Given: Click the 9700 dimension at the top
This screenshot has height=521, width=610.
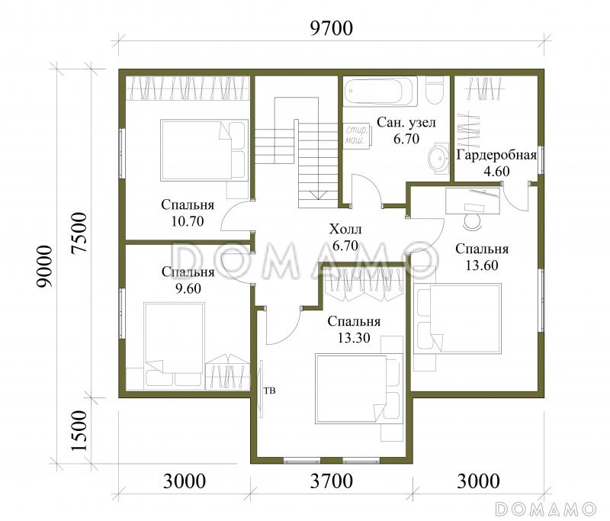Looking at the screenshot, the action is (332, 28).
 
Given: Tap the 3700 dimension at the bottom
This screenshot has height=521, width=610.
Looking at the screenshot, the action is (332, 481).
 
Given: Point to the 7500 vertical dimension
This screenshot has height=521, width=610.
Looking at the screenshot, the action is (79, 233).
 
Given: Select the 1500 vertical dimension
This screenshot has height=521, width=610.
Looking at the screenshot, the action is (79, 431).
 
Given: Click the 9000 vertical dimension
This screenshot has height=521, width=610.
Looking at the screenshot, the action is (43, 266).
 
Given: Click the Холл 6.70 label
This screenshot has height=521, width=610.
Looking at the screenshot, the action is (345, 237).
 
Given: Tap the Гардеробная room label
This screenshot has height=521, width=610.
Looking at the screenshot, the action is (497, 155).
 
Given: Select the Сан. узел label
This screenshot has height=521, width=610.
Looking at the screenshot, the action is (406, 122).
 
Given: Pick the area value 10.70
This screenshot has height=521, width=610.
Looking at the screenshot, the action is (188, 221).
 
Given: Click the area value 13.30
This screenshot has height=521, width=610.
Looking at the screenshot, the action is (354, 338).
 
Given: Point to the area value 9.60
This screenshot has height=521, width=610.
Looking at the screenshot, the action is (188, 288).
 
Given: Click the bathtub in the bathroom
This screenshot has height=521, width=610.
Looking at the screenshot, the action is (380, 92).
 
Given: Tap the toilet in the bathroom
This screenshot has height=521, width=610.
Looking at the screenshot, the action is (435, 89).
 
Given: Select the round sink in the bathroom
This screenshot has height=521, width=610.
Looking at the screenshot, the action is (439, 158).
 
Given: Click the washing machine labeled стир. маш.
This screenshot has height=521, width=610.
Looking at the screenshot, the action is (357, 134).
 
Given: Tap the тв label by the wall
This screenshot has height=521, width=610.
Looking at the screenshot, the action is (270, 390).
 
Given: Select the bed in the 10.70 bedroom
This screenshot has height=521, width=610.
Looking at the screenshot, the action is (204, 150).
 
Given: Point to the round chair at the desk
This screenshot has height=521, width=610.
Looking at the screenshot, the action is (473, 220).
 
